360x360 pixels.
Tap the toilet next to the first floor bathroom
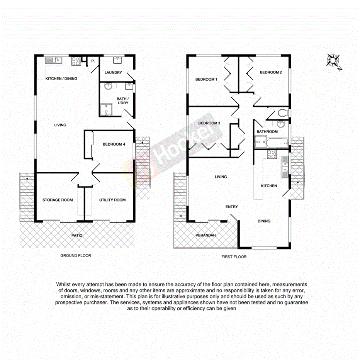[283, 113]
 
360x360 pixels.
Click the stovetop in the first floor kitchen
[271, 154]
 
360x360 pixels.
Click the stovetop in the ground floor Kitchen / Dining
[75, 61]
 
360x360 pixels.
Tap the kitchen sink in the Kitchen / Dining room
[54, 60]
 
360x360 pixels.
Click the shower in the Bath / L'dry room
[105, 110]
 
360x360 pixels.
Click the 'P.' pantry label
[93, 61]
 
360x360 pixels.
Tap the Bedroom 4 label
[114, 144]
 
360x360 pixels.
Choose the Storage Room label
[58, 200]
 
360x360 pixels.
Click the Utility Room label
[112, 200]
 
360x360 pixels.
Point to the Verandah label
[205, 235]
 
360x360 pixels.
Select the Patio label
[76, 235]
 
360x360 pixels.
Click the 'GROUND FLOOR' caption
[76, 256]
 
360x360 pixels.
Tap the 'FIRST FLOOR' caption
[234, 256]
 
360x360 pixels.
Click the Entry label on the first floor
[232, 207]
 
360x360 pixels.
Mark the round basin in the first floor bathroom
[280, 124]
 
